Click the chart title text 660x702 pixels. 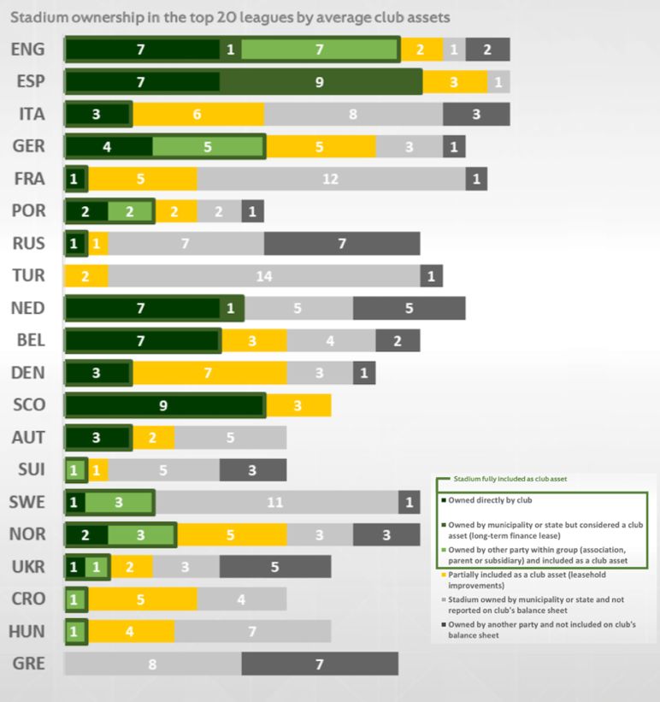[230, 16]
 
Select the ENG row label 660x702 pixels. [27, 50]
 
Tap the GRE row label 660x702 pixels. [29, 664]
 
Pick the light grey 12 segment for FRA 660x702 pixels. [331, 179]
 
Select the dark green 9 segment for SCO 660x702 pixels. [165, 405]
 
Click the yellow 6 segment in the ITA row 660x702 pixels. [197, 114]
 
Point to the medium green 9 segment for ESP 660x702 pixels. [320, 82]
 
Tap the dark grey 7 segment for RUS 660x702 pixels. [341, 244]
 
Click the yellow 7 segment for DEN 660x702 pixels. [209, 374]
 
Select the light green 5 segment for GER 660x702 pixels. [208, 147]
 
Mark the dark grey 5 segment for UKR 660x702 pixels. [274, 567]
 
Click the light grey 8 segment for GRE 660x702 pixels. [152, 664]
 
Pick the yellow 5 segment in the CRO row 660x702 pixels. [142, 599]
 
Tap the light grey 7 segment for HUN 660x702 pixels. [252, 632]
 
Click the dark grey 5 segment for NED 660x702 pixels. [409, 309]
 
